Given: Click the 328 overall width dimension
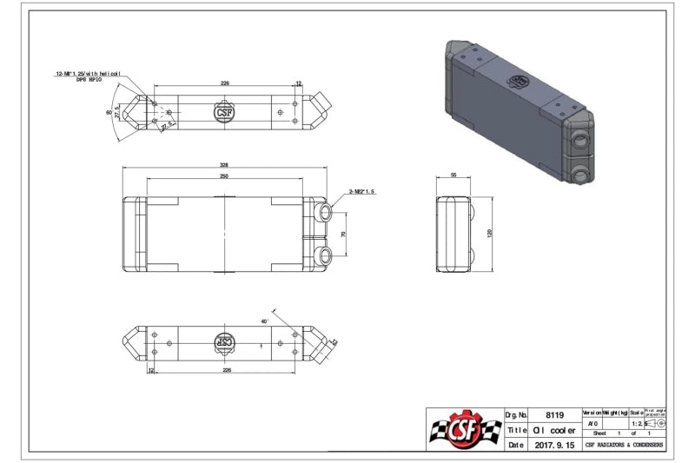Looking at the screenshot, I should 225,164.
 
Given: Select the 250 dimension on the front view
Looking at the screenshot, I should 225,176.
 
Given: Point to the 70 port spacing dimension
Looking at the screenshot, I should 343,235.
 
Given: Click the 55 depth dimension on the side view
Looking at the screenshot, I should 453,175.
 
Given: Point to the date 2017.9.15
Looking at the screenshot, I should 553,445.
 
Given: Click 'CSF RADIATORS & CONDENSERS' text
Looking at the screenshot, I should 623,445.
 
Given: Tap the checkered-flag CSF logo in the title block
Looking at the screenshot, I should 465,430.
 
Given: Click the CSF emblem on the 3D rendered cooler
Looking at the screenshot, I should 520,80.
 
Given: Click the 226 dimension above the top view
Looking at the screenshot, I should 225,83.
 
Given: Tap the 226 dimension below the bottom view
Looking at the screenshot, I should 225,370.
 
